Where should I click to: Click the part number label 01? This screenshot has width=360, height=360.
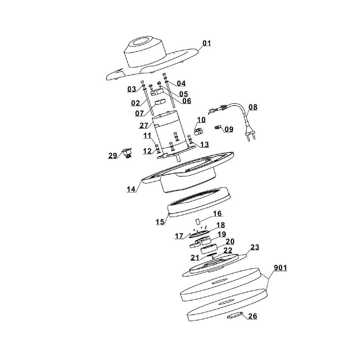206,43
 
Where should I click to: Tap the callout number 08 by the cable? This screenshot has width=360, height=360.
253,107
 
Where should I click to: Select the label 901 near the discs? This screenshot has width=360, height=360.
280,268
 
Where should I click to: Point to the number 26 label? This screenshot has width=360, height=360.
253,316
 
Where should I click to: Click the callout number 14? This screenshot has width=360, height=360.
131,189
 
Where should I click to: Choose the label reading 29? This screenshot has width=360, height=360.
113,156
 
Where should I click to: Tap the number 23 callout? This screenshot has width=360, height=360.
255,247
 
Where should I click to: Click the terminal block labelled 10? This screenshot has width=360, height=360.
198,131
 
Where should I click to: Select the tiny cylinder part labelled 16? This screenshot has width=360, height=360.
198,222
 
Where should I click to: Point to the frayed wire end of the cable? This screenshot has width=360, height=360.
213,112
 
